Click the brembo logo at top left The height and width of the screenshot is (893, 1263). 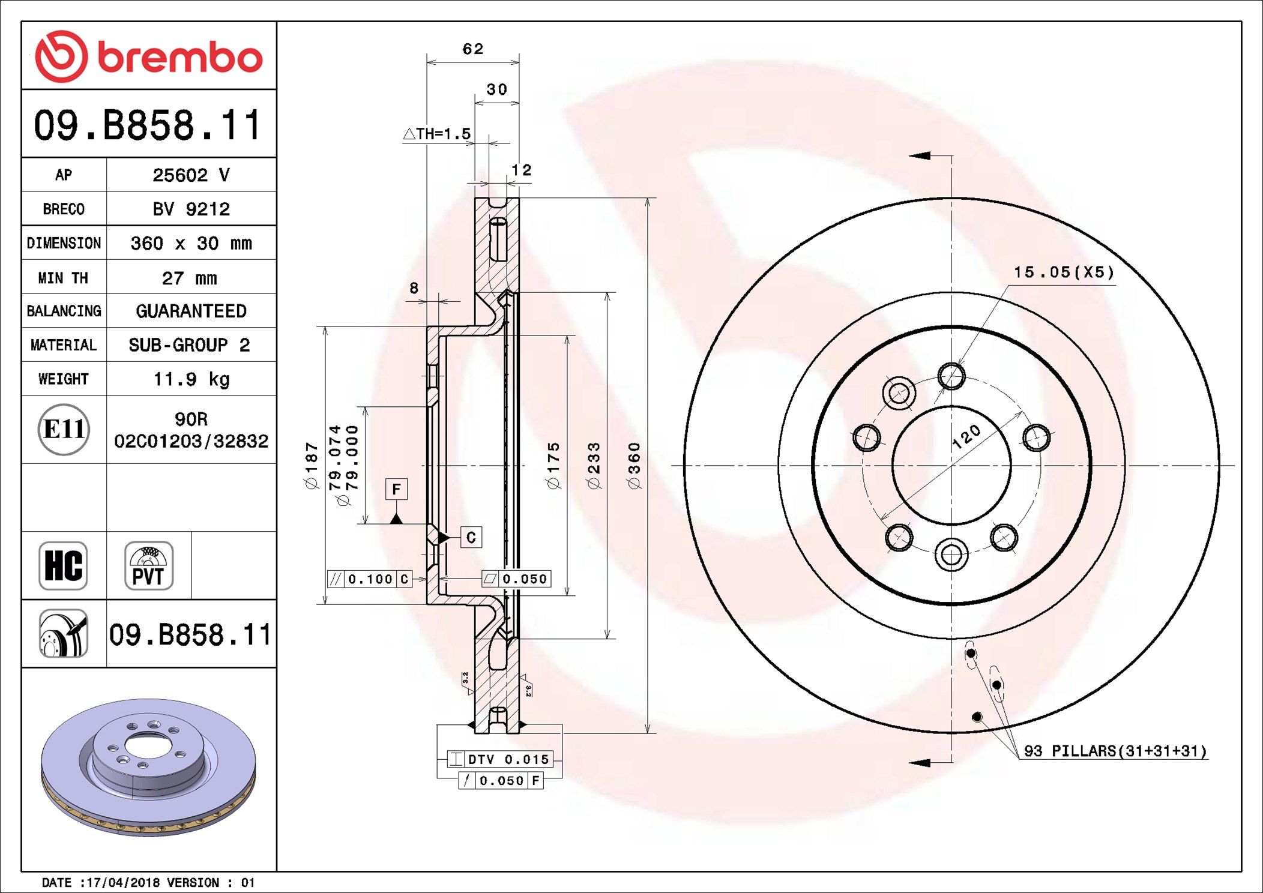point(148,56)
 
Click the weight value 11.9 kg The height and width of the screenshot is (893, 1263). point(191,379)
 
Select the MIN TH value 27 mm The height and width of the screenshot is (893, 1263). point(190,278)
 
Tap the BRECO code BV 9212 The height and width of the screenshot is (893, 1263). point(191,209)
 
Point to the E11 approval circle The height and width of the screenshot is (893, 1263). point(64,429)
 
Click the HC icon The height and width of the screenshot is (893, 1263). point(63,566)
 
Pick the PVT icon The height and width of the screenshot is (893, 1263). point(148,566)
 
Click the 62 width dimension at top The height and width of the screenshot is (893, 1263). point(472,49)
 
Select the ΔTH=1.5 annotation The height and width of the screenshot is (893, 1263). point(437,134)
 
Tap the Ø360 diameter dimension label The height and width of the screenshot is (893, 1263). point(635,466)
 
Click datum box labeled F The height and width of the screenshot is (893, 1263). point(396,489)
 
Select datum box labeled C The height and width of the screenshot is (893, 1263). point(471,538)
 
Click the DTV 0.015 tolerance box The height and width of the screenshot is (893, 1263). point(500,759)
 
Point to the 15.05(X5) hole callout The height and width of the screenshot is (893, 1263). point(1063,272)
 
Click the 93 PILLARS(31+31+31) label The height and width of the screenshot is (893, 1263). point(1115,751)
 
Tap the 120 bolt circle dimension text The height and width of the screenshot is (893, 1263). point(966,437)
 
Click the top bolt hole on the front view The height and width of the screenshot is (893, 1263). point(951,377)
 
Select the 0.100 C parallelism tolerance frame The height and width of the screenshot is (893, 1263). point(370,579)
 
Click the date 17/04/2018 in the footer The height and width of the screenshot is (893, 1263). point(123,883)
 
